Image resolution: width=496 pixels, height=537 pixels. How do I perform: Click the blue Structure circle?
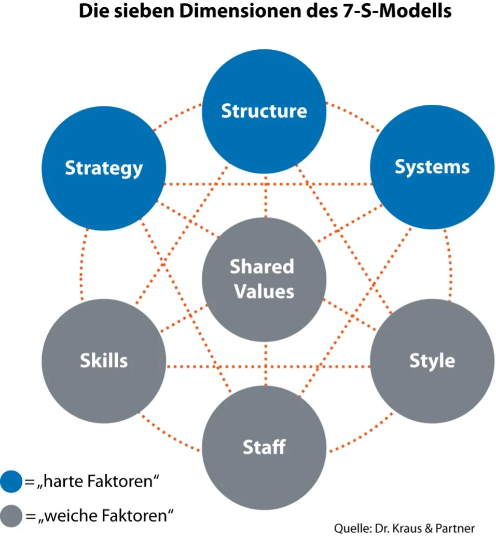point(264,111)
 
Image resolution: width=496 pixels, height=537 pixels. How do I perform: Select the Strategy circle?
point(104,168)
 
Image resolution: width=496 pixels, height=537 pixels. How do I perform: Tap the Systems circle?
point(432,167)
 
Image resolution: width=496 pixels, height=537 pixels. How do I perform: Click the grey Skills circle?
point(104,361)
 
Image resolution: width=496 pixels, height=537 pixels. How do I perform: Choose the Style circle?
point(432,361)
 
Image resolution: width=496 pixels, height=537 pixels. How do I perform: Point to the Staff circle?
point(264,446)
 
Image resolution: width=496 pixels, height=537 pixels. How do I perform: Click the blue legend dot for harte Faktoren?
point(11,481)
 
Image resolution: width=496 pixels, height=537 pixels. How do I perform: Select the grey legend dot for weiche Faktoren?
point(11,516)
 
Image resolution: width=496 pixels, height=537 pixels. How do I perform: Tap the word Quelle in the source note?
point(350,528)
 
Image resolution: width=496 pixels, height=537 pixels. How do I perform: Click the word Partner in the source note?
point(456,528)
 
